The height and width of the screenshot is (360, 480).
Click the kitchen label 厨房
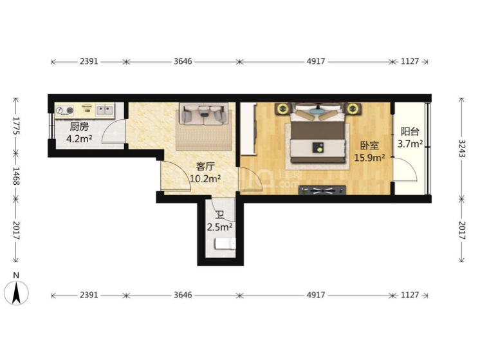[79, 126]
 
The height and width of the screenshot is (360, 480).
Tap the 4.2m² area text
[79, 139]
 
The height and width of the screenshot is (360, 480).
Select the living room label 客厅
[205, 167]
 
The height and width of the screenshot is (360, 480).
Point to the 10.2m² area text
[205, 178]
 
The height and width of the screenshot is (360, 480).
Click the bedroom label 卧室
[369, 146]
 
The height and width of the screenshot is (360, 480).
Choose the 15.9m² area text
[369, 158]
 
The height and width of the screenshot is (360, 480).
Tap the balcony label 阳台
[410, 132]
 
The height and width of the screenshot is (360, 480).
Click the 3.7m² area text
[411, 144]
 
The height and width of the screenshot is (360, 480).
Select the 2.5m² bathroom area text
[219, 227]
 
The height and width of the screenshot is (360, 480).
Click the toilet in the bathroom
[225, 243]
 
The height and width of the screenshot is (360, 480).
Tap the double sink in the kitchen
[105, 109]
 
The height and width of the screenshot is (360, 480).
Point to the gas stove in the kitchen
[64, 110]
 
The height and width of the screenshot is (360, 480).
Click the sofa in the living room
[204, 114]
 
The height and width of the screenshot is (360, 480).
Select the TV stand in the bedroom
[322, 190]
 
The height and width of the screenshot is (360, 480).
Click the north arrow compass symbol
[16, 292]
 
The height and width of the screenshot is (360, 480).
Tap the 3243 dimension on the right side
[462, 148]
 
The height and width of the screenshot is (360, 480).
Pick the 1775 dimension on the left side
[16, 126]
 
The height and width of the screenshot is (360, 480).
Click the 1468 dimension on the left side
[16, 176]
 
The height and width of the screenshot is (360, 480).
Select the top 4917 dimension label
[316, 62]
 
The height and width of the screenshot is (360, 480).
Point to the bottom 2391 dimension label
[89, 295]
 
